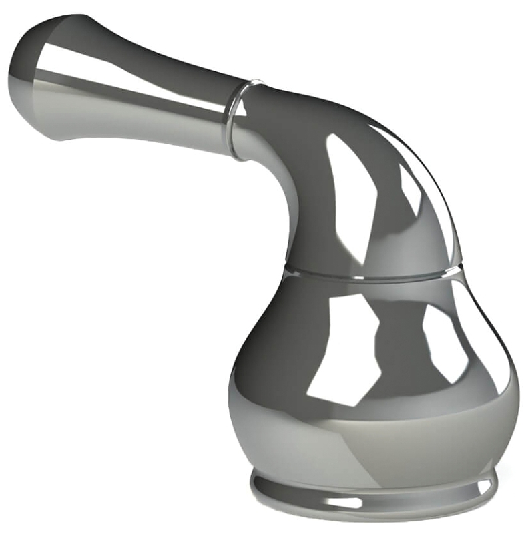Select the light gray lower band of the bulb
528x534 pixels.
pyautogui.click(x=374, y=434)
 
